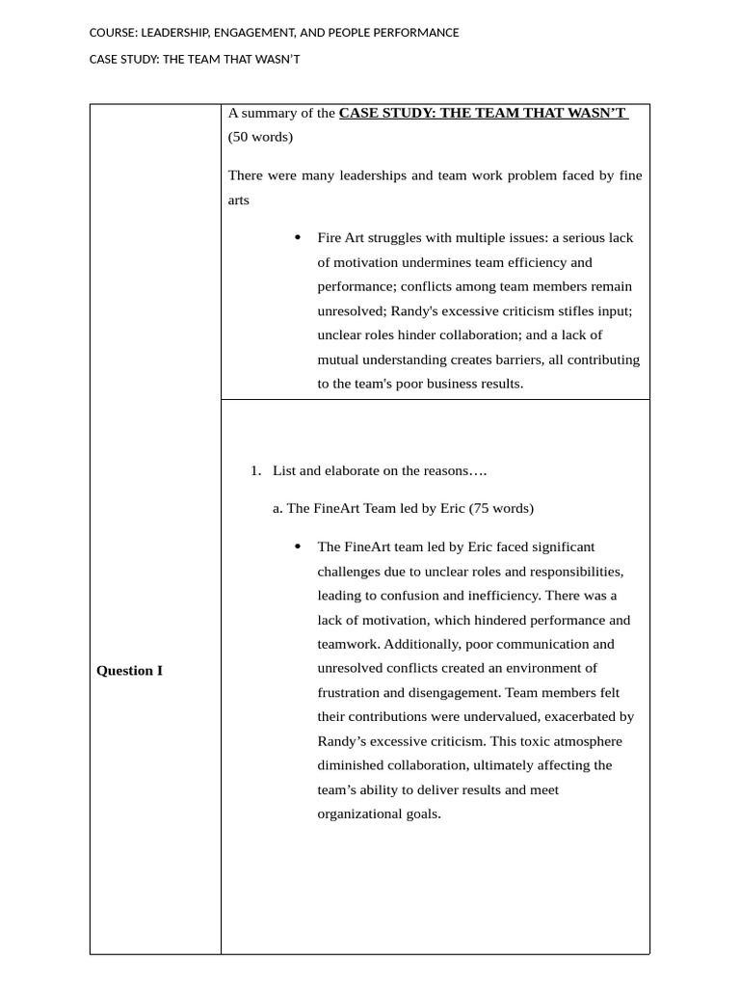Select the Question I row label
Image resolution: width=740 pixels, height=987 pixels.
point(129,671)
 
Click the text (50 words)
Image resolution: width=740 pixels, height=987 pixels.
point(260,137)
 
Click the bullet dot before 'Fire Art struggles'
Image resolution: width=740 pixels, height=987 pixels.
point(298,237)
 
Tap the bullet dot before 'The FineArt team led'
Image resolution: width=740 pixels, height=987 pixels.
point(298,547)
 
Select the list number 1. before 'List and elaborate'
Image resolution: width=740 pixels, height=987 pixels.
point(255,470)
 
